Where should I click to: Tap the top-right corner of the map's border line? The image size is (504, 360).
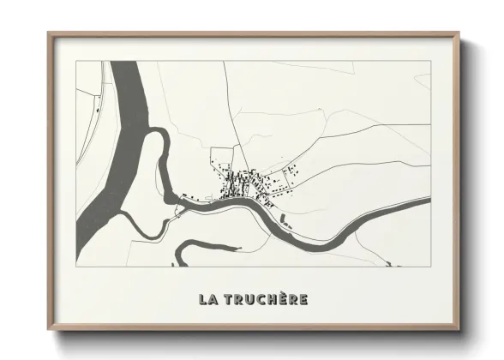coord(430,62)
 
